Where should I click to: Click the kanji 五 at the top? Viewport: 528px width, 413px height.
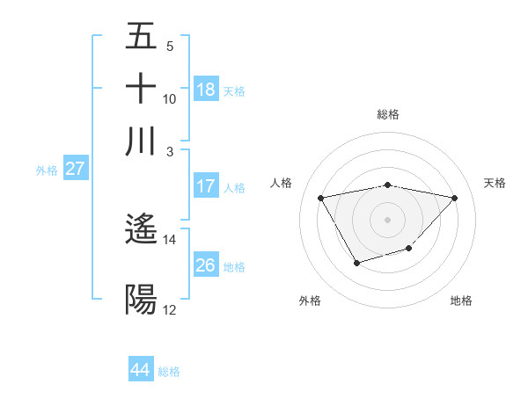[x=141, y=37]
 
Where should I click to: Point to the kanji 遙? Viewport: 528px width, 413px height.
[x=141, y=230]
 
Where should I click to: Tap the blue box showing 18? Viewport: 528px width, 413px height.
[x=206, y=89]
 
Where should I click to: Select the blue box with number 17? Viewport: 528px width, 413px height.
[x=206, y=186]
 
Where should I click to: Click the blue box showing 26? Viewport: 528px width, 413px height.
[x=206, y=265]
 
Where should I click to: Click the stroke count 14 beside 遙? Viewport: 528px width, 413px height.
[x=170, y=239]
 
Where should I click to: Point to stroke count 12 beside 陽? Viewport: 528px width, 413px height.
[x=170, y=309]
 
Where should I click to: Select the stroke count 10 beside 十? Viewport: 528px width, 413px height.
[x=170, y=98]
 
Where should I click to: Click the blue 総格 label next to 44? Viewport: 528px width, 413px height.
[x=169, y=372]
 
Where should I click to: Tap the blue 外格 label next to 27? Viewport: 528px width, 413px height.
[x=47, y=170]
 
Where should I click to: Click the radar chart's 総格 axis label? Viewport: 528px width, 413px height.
[x=388, y=114]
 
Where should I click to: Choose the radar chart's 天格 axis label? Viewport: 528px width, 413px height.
[x=495, y=183]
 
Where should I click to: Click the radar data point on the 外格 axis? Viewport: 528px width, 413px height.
[x=356, y=263]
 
